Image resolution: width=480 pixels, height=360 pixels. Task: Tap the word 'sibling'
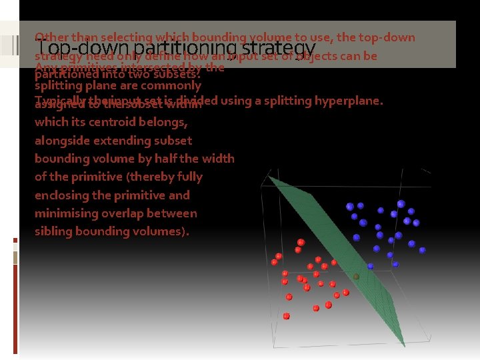coord(55,231)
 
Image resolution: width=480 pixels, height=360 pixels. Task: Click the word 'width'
coord(217,159)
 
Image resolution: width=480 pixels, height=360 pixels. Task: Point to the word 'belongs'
coord(167,122)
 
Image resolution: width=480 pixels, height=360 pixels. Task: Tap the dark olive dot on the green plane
coord(357,276)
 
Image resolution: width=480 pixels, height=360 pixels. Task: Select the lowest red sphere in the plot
coord(287,316)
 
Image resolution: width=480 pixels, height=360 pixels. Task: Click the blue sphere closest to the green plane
coord(371,266)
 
